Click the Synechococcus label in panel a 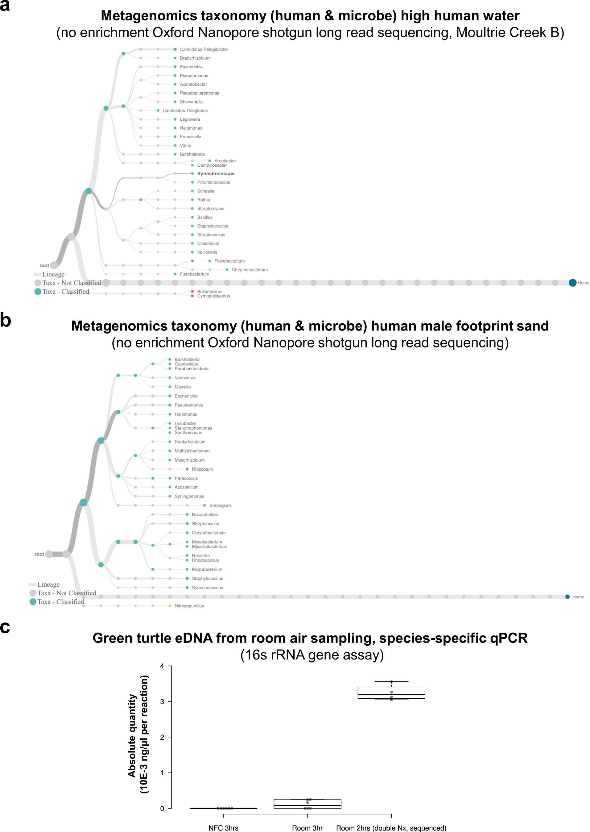(216, 174)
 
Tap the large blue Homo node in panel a (572, 282)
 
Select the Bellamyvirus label (209, 292)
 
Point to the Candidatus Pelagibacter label (204, 49)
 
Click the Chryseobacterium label (250, 270)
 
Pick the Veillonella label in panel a (207, 252)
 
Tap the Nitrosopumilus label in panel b (189, 606)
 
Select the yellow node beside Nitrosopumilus (170, 606)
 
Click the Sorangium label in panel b (220, 505)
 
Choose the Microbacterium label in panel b (207, 569)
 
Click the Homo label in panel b (578, 597)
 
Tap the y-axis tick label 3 (162, 701)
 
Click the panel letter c (5, 627)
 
